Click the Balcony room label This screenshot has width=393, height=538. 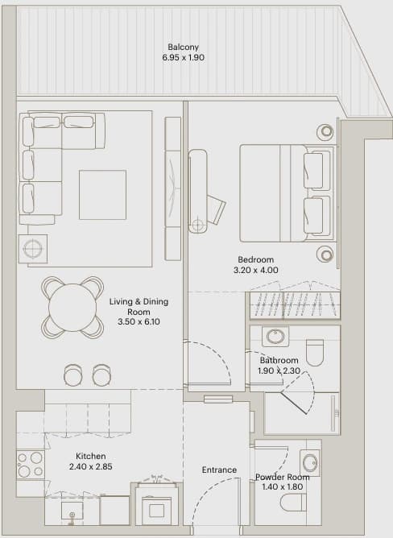coord(184,47)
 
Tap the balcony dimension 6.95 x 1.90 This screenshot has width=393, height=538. coord(184,57)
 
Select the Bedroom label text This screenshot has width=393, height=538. coord(256,259)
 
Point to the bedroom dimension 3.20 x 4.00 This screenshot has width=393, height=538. coord(256,270)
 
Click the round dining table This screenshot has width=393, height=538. coord(72,308)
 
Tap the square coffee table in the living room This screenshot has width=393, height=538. coord(102,195)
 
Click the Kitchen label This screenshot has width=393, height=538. coord(91,456)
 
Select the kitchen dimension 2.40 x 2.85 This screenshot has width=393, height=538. coord(91,466)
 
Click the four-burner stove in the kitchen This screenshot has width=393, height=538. coord(31,465)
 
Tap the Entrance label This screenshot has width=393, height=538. coord(219,470)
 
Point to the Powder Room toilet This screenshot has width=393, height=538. coord(293,503)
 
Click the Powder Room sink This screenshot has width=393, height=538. coord(311,462)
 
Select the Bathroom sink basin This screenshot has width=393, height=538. coord(275,337)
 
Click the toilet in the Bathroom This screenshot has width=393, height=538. coord(315,353)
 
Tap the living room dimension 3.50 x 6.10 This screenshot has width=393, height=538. coord(139,322)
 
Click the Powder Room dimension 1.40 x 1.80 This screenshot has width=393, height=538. coord(283,486)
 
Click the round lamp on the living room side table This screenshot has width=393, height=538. coord(32,249)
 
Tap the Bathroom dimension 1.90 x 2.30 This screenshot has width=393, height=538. coord(279,370)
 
